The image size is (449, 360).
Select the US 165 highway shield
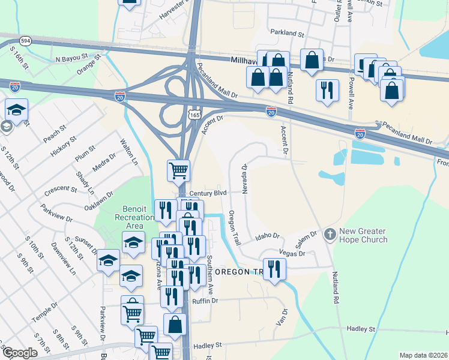pyautogui.click(x=194, y=114)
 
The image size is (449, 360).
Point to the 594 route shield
pyautogui.click(x=25, y=41)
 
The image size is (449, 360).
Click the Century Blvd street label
pyautogui.click(x=208, y=193)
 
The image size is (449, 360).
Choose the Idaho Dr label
pyautogui.click(x=268, y=236)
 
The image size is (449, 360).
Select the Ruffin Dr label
pyautogui.click(x=205, y=301)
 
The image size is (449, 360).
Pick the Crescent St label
pyautogui.click(x=61, y=190)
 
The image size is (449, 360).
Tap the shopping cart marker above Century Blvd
pyautogui.click(x=179, y=170)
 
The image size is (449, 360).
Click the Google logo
pyautogui.click(x=20, y=353)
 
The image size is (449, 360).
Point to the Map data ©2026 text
pyautogui.click(x=423, y=355)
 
